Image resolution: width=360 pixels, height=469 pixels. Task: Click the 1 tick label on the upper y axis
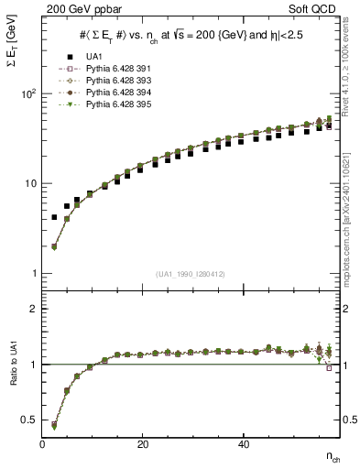[x=34, y=273]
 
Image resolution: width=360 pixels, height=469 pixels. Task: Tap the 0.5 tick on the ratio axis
[x=29, y=420]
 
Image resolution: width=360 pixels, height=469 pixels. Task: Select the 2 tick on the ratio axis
[x=34, y=309]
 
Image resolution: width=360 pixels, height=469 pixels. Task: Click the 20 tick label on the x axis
[x=142, y=444]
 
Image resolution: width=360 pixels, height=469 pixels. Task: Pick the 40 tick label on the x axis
[x=243, y=444]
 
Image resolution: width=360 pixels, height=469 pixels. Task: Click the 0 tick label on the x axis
[x=42, y=444]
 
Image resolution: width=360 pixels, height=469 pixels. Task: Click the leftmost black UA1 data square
[x=54, y=217]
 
